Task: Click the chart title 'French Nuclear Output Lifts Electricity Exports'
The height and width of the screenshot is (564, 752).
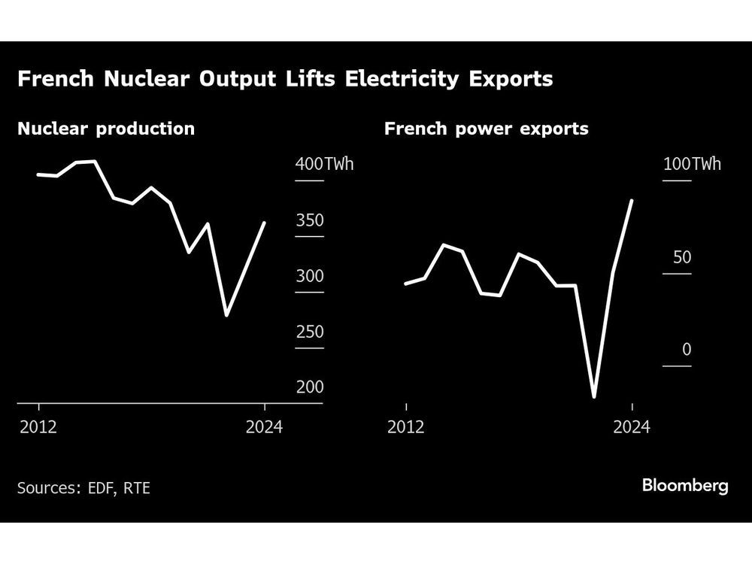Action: [285, 79]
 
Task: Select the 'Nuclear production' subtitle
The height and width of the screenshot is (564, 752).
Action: [106, 129]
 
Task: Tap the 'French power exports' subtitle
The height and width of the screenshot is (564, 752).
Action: [486, 129]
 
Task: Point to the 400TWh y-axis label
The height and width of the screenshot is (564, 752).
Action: [323, 164]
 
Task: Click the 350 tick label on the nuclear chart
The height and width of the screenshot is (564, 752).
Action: [310, 220]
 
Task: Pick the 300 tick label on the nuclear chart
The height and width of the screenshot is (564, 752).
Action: [310, 276]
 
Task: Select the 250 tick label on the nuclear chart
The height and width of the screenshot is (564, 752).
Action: [310, 332]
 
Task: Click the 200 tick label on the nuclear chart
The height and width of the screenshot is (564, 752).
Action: [310, 387]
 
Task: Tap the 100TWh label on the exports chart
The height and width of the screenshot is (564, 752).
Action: [691, 164]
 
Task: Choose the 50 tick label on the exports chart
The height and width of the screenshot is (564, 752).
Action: [681, 257]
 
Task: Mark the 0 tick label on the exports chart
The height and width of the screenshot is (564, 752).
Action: [686, 350]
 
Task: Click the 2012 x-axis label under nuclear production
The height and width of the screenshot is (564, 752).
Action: [38, 427]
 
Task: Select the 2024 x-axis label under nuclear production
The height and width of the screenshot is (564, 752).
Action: [264, 427]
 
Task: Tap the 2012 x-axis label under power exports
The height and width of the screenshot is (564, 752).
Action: [406, 427]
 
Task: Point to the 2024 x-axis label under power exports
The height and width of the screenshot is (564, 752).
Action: [632, 427]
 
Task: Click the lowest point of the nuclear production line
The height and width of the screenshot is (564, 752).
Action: [226, 315]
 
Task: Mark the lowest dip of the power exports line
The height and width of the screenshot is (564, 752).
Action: [594, 396]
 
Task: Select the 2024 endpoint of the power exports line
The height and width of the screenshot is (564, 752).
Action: [632, 201]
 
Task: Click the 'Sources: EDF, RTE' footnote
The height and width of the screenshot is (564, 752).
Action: [83, 488]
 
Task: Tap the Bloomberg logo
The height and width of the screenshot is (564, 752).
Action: [685, 486]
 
